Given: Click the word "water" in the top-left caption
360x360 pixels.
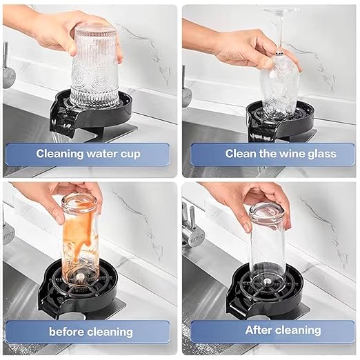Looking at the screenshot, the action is pos(101,154).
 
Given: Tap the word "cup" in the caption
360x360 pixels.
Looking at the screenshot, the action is pos(130,154).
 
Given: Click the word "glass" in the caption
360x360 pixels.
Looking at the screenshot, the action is pos(322,154).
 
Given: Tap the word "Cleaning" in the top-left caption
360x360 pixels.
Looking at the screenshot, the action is pos(59,154).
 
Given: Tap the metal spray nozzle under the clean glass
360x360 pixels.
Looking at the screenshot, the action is pos(267,281).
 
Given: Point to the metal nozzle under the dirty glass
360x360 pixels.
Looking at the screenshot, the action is pos(80,277).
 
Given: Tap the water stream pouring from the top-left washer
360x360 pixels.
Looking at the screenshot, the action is pos(57,138).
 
